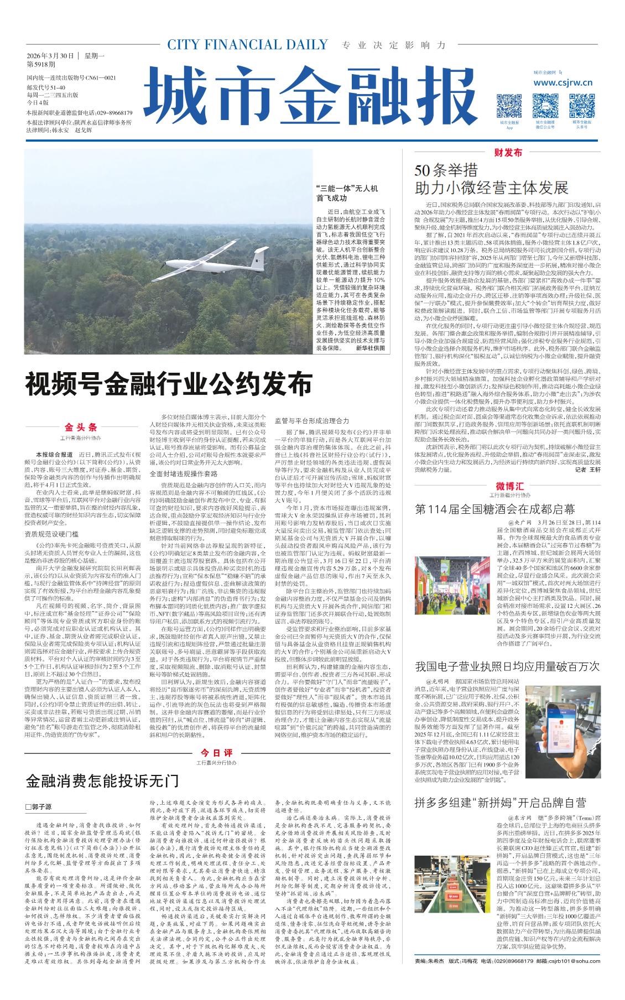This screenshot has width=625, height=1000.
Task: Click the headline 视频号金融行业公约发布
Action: [x=169, y=383]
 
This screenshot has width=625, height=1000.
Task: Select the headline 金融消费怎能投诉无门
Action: [x=103, y=780]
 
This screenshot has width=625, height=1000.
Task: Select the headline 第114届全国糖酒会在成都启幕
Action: [x=494, y=509]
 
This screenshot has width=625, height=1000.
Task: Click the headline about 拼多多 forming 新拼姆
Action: [x=500, y=803]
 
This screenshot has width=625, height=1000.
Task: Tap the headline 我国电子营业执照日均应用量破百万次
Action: [x=507, y=667]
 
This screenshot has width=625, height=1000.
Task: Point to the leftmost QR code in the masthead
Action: [x=509, y=105]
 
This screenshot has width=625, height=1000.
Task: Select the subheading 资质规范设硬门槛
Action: [x=51, y=534]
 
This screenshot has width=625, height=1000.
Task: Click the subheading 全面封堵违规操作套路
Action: [x=184, y=473]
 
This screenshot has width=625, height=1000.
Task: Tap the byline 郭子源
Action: [x=39, y=807]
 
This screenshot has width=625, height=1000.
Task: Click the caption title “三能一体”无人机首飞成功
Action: [x=347, y=193]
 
